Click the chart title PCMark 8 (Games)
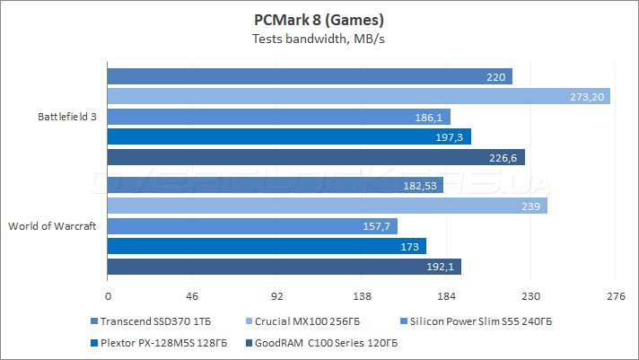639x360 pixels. coord(319,19)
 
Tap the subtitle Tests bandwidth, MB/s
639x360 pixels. coord(319,39)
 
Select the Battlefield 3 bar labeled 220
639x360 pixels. coord(309,77)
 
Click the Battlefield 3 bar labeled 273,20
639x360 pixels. coord(358,97)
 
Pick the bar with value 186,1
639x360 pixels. coord(278,117)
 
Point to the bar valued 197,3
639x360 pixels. coord(289,136)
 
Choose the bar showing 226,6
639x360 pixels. coord(315,157)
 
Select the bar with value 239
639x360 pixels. coord(327,206)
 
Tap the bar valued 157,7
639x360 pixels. coord(252,225)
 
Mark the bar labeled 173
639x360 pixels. coord(267,245)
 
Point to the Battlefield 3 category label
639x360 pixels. coord(67,117)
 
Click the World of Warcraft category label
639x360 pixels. coord(52,225)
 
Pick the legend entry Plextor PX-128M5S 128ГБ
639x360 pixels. coord(158,342)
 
